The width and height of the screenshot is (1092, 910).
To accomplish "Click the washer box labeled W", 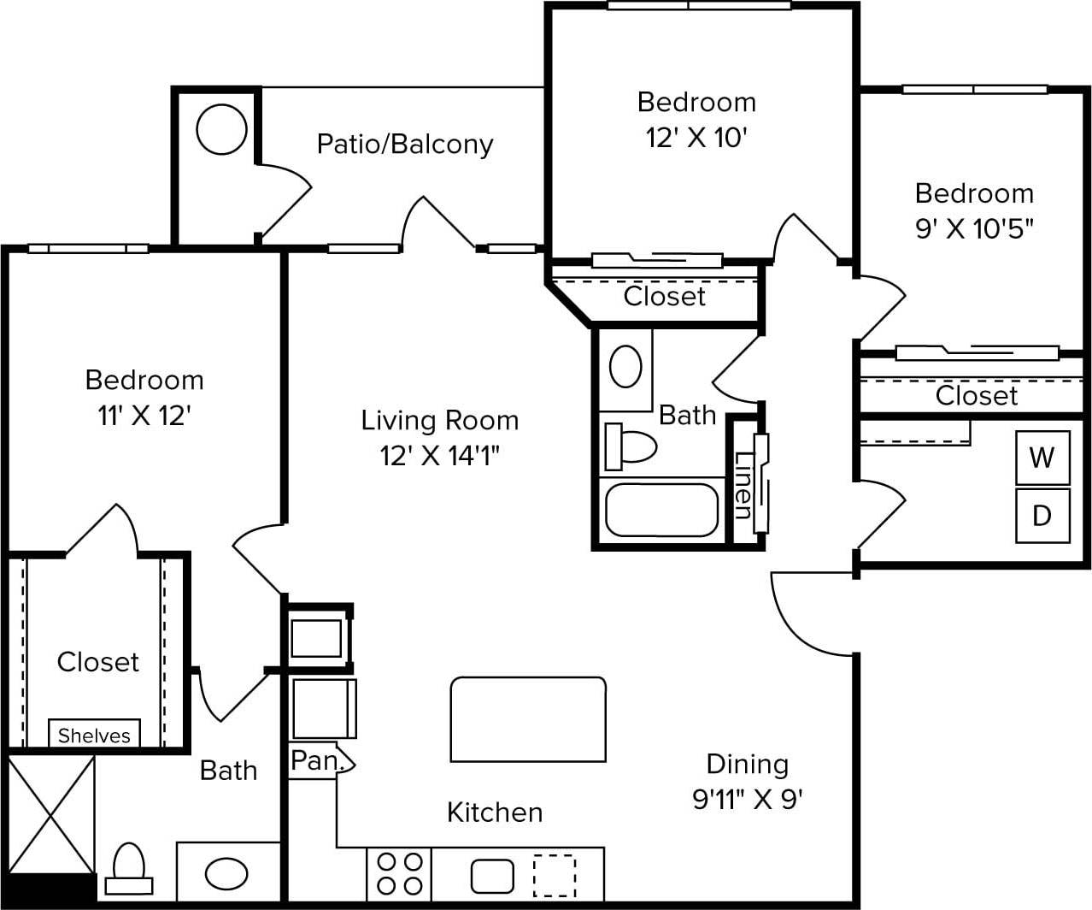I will pyautogui.click(x=1042, y=458).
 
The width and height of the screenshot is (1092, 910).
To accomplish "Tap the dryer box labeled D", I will pyautogui.click(x=1042, y=516).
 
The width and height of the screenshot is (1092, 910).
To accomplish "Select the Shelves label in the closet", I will pyautogui.click(x=94, y=735).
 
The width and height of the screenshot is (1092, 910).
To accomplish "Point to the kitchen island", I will pyautogui.click(x=528, y=719).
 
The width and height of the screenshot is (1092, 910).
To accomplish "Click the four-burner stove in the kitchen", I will pyautogui.click(x=400, y=873).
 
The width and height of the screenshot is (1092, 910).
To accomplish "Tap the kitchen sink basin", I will pyautogui.click(x=492, y=876).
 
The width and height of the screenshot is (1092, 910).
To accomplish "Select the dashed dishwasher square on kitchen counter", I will pyautogui.click(x=554, y=875).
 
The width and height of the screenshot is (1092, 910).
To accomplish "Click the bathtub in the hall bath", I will pyautogui.click(x=661, y=510).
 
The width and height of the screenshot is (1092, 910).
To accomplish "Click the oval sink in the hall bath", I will pyautogui.click(x=625, y=367).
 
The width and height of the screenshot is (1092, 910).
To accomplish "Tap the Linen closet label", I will pyautogui.click(x=742, y=484).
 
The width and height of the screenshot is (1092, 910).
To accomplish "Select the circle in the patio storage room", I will pyautogui.click(x=221, y=129).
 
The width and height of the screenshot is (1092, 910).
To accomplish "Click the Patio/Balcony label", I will pyautogui.click(x=405, y=144).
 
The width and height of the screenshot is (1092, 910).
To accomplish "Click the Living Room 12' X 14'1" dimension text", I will pyautogui.click(x=439, y=455).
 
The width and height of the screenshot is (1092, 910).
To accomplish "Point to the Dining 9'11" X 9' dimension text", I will pyautogui.click(x=747, y=799).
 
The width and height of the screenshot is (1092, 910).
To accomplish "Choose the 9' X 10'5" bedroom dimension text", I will pyautogui.click(x=974, y=229).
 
